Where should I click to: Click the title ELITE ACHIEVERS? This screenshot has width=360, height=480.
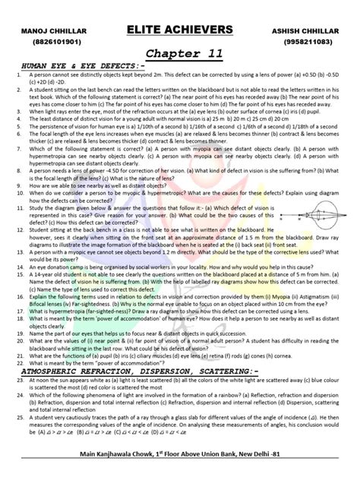(180, 29)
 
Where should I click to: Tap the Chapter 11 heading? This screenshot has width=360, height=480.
(179, 53)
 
